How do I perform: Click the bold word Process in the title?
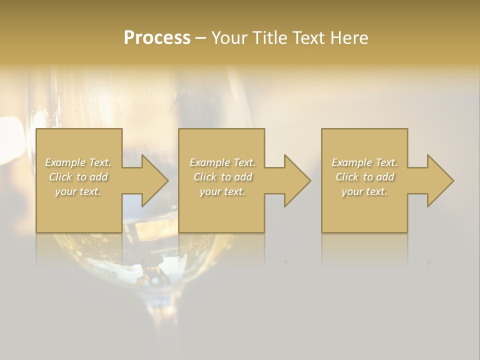click(x=157, y=38)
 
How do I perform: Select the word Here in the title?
click(x=350, y=38)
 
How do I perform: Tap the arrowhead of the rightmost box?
click(x=439, y=180)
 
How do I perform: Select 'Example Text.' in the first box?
click(x=78, y=162)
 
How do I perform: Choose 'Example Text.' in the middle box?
click(x=222, y=162)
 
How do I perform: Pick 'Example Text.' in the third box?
click(x=364, y=162)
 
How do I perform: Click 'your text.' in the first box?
click(x=78, y=191)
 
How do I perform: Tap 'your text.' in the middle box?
click(x=222, y=191)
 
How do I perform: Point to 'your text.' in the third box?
click(x=364, y=191)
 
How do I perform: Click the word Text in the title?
click(x=308, y=38)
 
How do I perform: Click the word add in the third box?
click(x=384, y=177)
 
